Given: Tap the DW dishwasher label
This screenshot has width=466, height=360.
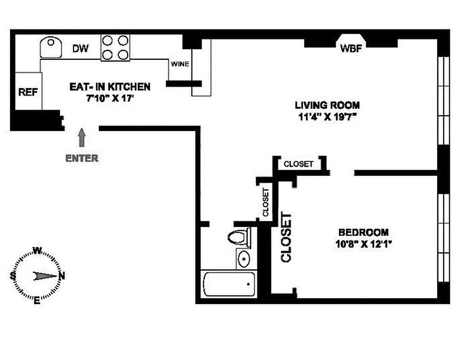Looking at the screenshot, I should [81, 48].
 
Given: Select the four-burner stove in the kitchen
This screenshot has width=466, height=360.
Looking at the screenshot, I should [115, 48].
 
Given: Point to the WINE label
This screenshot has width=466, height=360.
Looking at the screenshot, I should [179, 64].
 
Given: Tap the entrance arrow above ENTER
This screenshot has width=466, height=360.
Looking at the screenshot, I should [82, 137].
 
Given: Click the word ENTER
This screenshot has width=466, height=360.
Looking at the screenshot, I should [81, 158].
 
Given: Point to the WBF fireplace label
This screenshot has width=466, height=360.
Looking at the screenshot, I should [351, 48].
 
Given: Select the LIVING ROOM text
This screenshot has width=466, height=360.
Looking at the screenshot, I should [327, 105].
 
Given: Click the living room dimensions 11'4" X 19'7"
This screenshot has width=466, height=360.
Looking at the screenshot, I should [327, 118].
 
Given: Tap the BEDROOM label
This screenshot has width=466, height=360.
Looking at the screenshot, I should [363, 233].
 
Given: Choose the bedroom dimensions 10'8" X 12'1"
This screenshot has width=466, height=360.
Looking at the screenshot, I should [363, 245].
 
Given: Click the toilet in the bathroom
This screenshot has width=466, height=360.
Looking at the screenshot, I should [239, 237].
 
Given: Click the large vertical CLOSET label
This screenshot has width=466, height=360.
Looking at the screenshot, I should [286, 237].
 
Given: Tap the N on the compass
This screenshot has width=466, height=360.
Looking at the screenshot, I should [62, 276].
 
